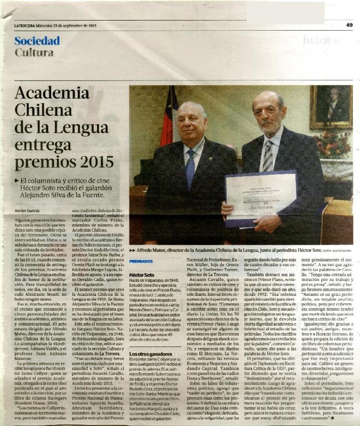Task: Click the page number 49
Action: coord(349,25)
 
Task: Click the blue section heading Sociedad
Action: coord(37,41)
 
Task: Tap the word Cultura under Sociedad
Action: coord(34,53)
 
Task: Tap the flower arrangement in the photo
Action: coord(333,145)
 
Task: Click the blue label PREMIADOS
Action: coord(141,261)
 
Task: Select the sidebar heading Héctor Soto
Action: coord(142,274)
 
